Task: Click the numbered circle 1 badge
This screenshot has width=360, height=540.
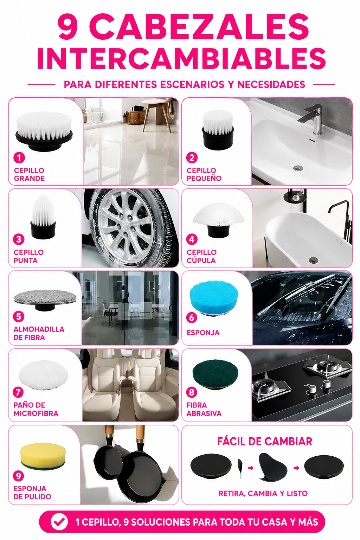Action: click(19, 157)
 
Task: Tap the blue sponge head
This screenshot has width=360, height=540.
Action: click(214, 297)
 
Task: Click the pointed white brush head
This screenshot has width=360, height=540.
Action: click(43, 217)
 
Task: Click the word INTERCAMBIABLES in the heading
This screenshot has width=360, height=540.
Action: click(181, 59)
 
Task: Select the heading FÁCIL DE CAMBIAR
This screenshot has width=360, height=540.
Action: click(265, 442)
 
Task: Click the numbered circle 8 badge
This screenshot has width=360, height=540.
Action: click(192, 392)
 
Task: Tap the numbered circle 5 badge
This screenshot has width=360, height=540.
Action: click(19, 316)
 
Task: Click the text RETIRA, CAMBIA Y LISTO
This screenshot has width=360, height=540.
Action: click(263, 494)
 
